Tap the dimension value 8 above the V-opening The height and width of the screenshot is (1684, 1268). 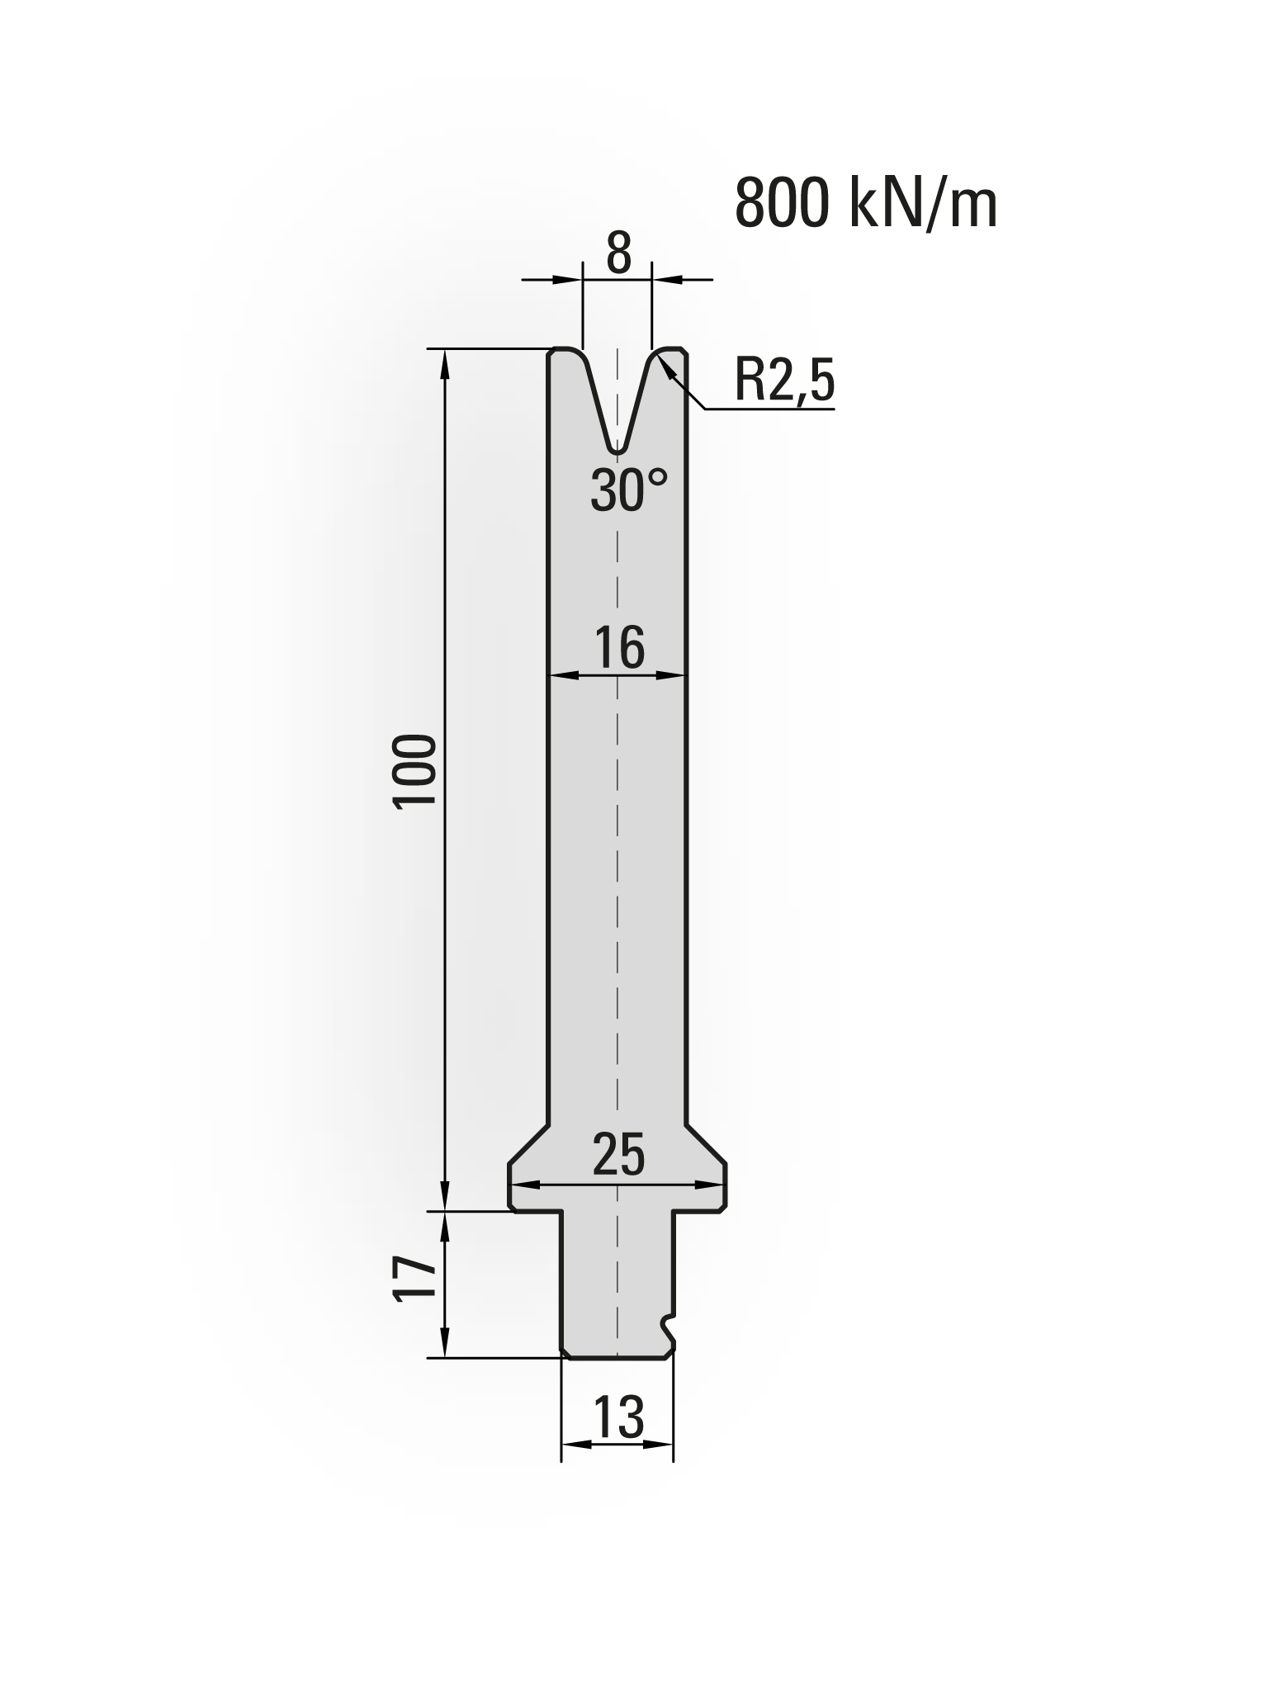coord(618,254)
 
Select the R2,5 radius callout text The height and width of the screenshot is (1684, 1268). coord(784,381)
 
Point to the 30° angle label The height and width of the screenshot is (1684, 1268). coord(628,490)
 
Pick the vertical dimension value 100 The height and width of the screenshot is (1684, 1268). coord(415,773)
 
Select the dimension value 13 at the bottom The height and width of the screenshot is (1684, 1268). coord(617,1418)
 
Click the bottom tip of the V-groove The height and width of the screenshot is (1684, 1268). coord(617,451)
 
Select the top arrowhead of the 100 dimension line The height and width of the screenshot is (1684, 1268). coord(446,358)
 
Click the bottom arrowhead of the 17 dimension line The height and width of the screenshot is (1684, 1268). coord(446,1349)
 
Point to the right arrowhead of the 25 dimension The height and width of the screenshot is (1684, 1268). coord(717,1185)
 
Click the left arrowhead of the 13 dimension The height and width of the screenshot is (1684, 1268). coord(570,1445)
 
